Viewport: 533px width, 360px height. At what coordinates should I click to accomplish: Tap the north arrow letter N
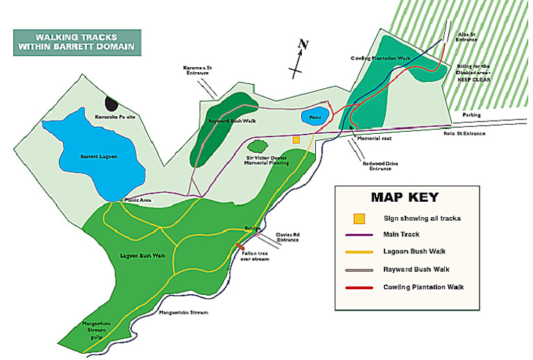[x=303, y=46]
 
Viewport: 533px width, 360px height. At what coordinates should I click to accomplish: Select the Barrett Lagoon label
[x=93, y=156]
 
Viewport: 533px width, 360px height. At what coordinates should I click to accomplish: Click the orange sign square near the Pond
[x=296, y=139]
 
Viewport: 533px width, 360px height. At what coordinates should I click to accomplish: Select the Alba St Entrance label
[x=464, y=37]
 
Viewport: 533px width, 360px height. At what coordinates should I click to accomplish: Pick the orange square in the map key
[x=359, y=218]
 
